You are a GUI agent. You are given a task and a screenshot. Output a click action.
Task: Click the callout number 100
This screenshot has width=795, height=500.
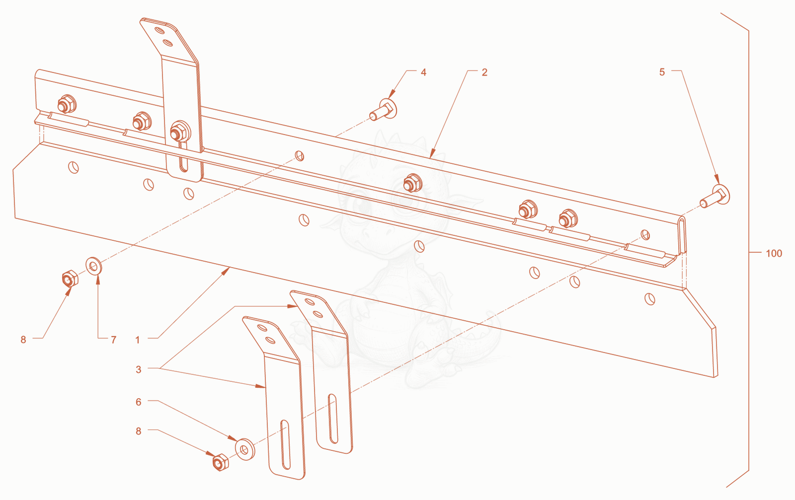tap(774, 254)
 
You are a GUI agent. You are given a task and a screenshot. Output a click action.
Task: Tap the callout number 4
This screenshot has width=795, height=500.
tap(423, 72)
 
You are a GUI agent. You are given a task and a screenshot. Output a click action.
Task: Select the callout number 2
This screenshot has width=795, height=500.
tap(484, 72)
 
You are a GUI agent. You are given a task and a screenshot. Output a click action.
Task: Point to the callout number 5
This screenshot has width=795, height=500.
tap(662, 72)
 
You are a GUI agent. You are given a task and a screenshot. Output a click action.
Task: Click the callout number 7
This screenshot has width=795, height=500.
tap(114, 340)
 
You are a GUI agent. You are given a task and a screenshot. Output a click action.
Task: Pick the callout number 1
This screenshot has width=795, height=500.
tap(138, 340)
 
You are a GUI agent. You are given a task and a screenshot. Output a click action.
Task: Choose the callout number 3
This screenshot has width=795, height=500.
tap(139, 369)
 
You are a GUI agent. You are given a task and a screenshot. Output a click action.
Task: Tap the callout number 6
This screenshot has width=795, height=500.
tap(139, 402)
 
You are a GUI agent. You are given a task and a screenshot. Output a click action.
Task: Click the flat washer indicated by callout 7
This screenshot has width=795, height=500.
tap(94, 266)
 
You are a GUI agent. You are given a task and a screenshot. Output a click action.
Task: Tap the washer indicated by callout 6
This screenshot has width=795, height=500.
tap(245, 449)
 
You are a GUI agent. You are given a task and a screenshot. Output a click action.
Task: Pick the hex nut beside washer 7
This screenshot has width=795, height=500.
tap(70, 279)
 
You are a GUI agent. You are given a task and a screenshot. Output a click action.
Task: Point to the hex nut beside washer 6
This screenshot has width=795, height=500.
tap(221, 462)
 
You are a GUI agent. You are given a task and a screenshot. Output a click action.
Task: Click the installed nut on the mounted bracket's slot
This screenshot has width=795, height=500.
tap(179, 131)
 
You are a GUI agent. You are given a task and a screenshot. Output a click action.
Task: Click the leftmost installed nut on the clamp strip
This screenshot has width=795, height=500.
tap(67, 104)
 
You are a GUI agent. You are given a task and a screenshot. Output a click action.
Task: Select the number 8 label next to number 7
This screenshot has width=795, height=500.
tap(23, 340)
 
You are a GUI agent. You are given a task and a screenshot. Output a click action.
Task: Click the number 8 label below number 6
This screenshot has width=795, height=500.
tap(139, 431)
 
